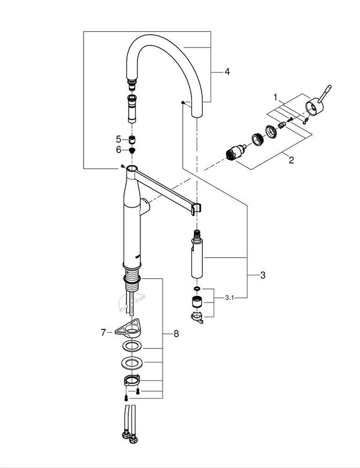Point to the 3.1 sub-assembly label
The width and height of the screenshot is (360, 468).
(x=230, y=297)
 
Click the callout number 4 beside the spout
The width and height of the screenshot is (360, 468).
(x=227, y=71)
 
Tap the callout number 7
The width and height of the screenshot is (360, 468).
(x=103, y=331)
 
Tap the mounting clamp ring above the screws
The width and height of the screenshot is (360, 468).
(x=132, y=380)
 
